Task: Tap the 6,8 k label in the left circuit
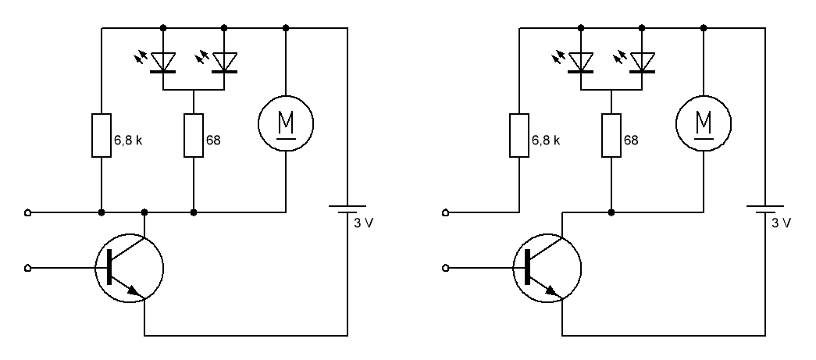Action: pos(128,141)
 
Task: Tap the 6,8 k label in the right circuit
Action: pos(546,141)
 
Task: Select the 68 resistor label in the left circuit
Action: pos(213,141)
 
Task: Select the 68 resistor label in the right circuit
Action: pos(631,141)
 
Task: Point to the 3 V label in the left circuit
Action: pos(364,223)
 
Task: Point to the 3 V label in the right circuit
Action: pos(782,223)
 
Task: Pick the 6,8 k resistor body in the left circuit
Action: pos(102,135)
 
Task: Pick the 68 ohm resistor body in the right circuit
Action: pos(611,135)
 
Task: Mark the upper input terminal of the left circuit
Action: pos(27,212)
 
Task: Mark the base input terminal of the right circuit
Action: pos(445,268)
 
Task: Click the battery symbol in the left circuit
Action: pos(347,209)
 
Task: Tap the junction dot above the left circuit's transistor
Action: pos(144,212)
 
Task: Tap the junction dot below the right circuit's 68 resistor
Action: pos(611,212)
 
